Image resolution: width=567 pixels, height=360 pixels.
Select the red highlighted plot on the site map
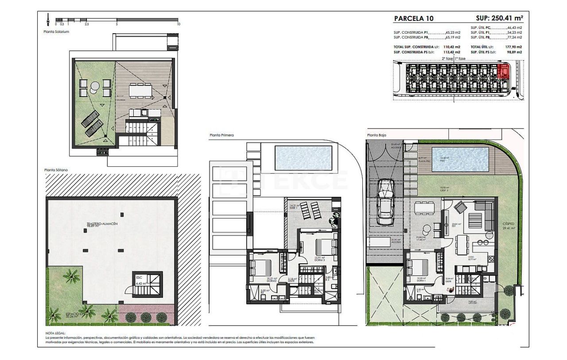click(503, 71)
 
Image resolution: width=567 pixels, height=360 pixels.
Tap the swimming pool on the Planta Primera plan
click(303, 158)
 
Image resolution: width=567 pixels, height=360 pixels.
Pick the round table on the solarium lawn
click(95, 86)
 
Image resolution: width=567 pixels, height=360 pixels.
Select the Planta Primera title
click(221, 135)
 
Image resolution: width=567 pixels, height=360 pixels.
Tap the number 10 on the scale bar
click(179, 24)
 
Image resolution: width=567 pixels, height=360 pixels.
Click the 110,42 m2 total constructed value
click(452, 47)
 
